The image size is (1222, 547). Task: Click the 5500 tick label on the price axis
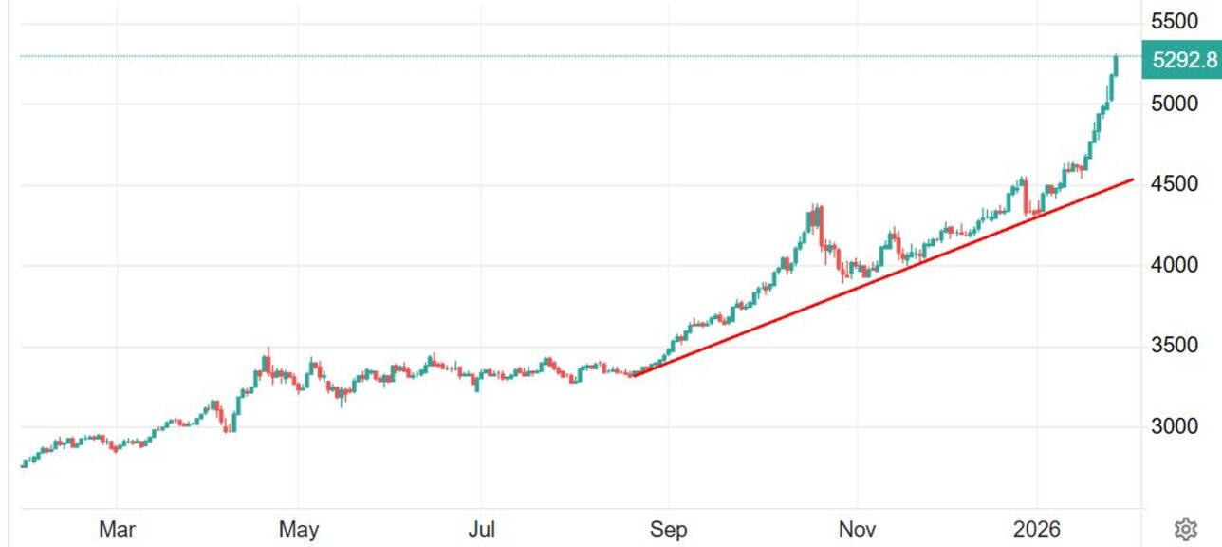click(1176, 21)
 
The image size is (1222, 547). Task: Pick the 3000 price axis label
click(1176, 425)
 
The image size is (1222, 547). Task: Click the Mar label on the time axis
click(117, 529)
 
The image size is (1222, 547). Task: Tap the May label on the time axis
click(298, 529)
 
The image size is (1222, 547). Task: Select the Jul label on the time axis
click(481, 529)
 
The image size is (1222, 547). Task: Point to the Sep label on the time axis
click(668, 529)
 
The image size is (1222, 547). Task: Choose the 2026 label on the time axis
click(1037, 529)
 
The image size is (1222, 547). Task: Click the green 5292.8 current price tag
click(1182, 60)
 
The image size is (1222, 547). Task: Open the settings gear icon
click(1184, 528)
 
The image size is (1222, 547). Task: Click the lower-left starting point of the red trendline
click(634, 376)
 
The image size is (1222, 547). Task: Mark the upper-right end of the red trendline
click(1133, 179)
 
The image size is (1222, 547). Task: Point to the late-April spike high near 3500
click(268, 351)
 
